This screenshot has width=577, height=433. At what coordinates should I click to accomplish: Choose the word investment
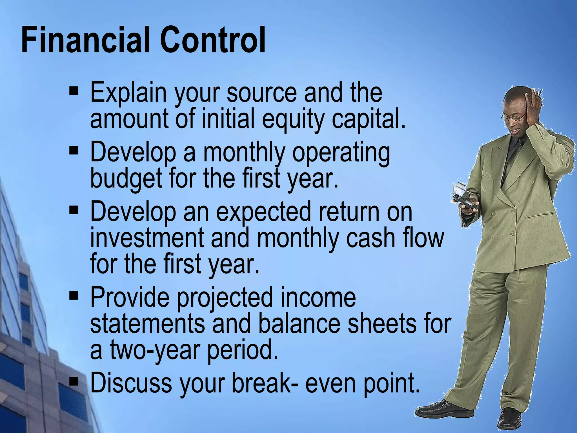(147, 238)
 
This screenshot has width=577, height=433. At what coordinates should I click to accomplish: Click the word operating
(341, 154)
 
